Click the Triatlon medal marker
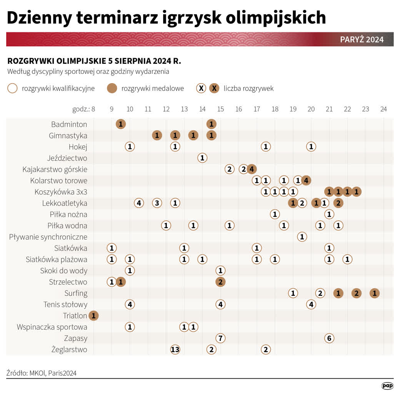[93, 316]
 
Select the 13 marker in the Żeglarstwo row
[175, 349]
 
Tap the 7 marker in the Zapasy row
[220, 338]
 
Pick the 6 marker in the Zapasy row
[329, 338]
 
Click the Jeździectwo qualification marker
[202, 158]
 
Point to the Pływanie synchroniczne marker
[302, 237]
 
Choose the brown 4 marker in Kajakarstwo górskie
[252, 169]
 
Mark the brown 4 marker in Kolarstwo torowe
[306, 180]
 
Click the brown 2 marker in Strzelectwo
[220, 282]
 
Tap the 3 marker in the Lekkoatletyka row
[157, 203]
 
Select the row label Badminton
[69, 124]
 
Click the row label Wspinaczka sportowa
[52, 327]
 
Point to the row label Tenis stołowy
[65, 305]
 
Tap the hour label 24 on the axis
[383, 109]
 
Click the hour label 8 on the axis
[93, 109]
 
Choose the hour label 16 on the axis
[238, 109]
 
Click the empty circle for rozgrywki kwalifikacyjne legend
[12, 88]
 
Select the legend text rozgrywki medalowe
[152, 88]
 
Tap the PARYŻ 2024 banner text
[362, 40]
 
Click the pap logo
[387, 385]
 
